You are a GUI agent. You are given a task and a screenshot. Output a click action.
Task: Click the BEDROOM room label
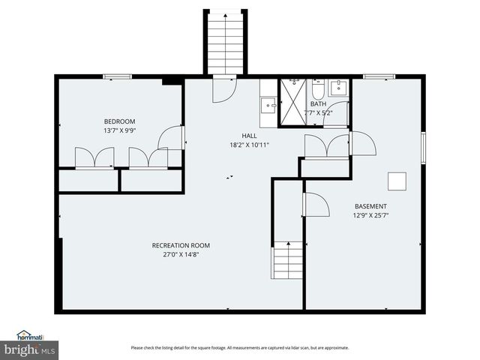119,121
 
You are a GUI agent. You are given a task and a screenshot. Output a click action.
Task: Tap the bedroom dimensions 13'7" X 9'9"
119,130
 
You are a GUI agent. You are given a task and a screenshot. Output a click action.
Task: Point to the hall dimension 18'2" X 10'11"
249,145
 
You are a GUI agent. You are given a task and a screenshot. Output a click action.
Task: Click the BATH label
318,104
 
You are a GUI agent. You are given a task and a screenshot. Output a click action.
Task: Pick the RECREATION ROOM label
181,245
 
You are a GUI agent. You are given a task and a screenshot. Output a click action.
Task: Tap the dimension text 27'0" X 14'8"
181,254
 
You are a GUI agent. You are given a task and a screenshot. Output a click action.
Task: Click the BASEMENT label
370,206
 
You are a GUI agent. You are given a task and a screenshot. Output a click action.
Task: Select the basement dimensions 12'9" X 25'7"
370,215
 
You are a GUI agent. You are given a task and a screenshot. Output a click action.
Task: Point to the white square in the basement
396,181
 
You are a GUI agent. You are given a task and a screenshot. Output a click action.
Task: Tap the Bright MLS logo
29,349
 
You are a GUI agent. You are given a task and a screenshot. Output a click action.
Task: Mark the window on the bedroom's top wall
117,76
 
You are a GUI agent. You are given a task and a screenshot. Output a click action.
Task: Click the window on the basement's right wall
424,147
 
